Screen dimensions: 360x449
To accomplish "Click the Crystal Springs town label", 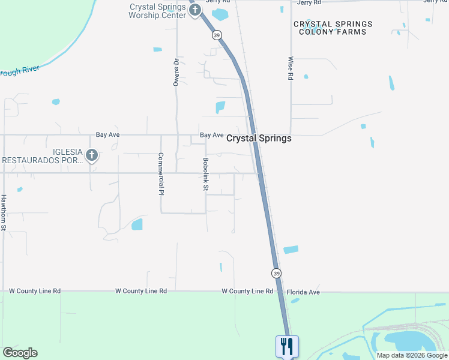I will (259, 139).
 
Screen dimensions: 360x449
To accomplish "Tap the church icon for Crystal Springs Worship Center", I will (194, 10).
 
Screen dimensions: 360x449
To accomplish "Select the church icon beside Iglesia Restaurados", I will (91, 156).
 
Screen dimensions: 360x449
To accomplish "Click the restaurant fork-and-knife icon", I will (286, 346).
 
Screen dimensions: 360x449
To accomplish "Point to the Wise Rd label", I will (291, 68).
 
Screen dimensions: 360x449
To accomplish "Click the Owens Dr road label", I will (176, 72).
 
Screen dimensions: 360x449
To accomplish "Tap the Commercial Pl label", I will (161, 174).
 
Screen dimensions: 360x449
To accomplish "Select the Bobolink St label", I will (206, 175).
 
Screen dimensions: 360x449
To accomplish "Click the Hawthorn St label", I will (4, 212).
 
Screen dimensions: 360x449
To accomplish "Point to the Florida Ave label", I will (303, 292).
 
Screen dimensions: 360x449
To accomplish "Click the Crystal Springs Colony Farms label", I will (333, 28).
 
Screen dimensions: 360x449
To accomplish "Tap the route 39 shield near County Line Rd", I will (276, 272).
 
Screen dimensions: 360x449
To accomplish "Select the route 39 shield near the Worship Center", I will (216, 35).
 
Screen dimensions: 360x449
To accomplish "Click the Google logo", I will (20, 353).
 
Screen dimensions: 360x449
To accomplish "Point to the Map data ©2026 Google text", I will (411, 355).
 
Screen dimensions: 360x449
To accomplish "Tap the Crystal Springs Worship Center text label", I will (157, 11).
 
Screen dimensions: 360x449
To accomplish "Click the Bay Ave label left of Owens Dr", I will (108, 135).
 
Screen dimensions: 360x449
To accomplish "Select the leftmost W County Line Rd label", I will (35, 291).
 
